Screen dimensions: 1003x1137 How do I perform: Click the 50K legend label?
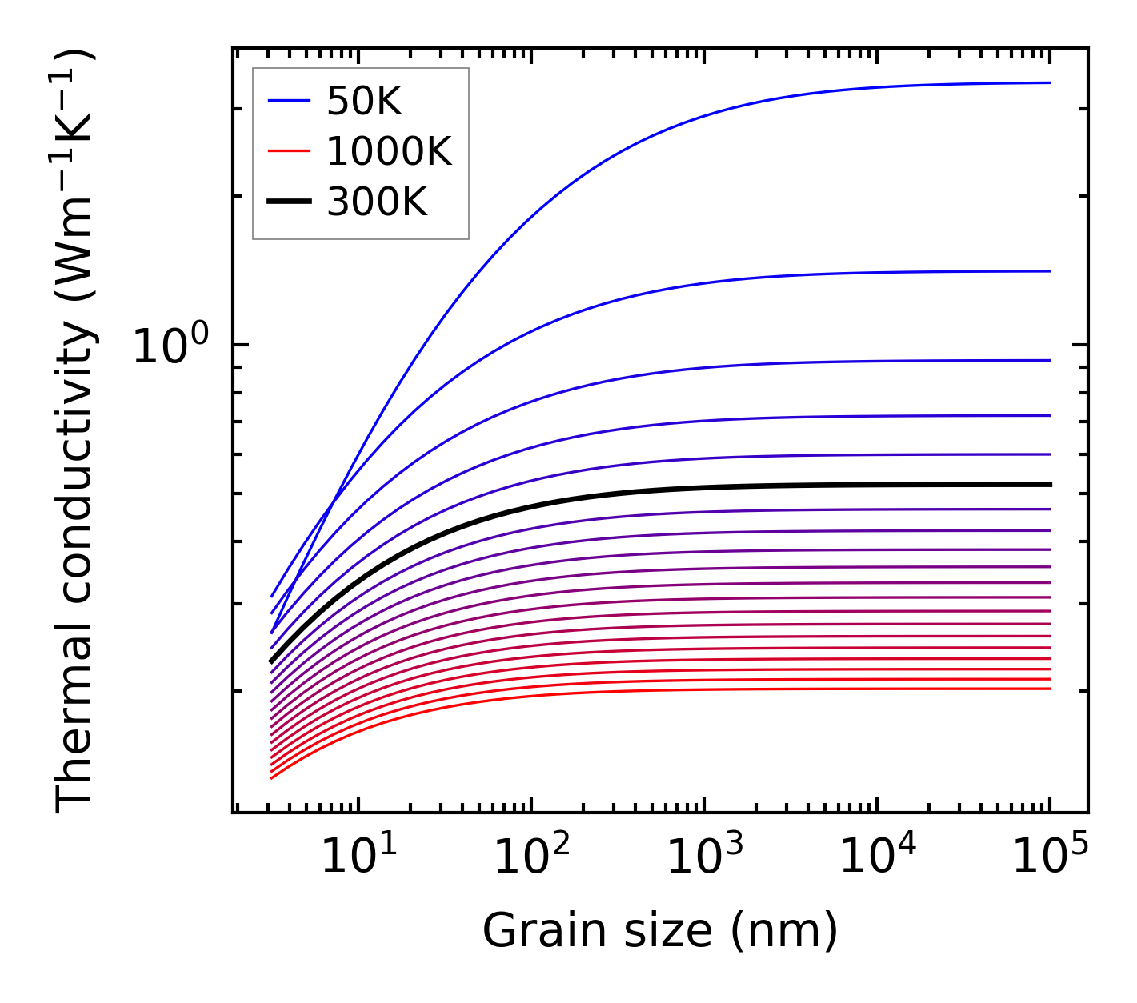(x=364, y=101)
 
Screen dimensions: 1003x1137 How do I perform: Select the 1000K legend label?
(x=389, y=151)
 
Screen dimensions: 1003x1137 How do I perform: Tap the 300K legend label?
(x=377, y=202)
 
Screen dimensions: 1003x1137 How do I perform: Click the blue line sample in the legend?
(x=288, y=101)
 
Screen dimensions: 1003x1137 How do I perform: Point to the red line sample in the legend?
(x=288, y=151)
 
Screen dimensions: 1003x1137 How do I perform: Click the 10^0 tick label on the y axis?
(x=170, y=346)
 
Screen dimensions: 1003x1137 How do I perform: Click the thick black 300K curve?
(x=640, y=490)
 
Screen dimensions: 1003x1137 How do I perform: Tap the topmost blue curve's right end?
(x=1048, y=82)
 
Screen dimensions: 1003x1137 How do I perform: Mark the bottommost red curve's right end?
(x=1048, y=689)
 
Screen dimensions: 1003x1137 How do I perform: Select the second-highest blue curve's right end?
(x=1048, y=271)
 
